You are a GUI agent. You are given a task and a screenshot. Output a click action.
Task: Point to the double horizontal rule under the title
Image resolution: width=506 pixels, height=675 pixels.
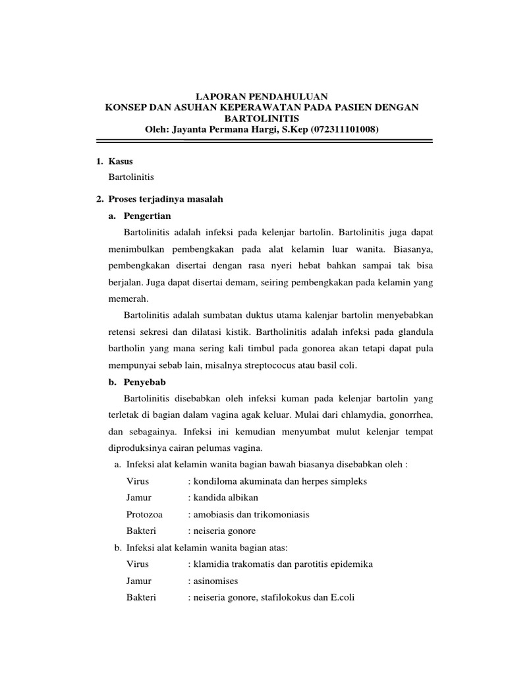coord(264,140)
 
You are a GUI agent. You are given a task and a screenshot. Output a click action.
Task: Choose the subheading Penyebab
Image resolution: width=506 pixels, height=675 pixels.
coord(145,382)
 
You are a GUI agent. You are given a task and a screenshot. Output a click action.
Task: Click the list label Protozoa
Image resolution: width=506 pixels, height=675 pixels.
coord(144,514)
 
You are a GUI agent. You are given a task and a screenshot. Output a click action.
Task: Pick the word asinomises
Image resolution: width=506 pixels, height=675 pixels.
coord(215,581)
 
